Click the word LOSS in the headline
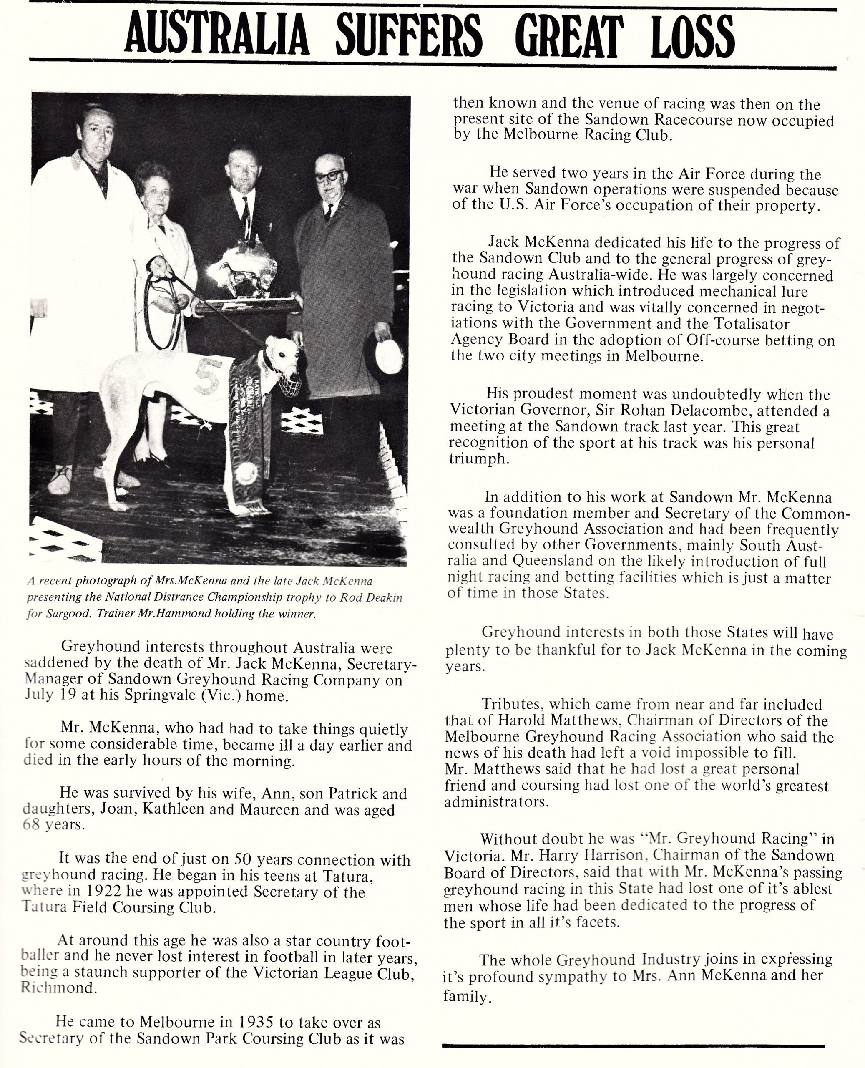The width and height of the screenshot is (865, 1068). pyautogui.click(x=693, y=36)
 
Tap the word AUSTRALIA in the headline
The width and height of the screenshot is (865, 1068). pyautogui.click(x=217, y=36)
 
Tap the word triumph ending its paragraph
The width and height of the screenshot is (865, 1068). pyautogui.click(x=478, y=459)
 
